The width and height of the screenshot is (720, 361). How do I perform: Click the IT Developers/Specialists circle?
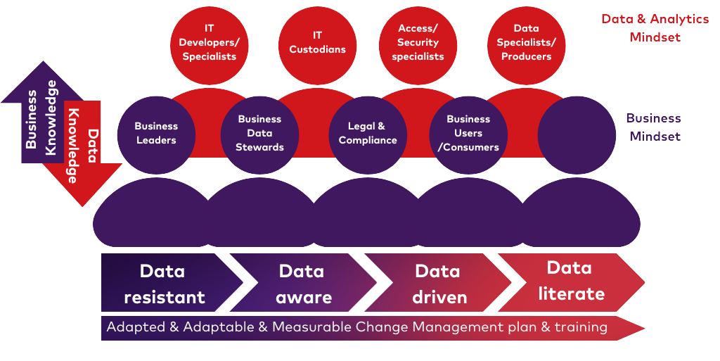[209, 42]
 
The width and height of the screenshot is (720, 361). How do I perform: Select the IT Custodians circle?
[317, 42]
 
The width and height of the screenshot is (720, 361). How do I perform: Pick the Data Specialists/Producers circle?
[526, 42]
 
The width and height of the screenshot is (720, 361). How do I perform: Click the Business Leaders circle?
[156, 134]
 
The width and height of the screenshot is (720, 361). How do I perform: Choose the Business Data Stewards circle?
[259, 134]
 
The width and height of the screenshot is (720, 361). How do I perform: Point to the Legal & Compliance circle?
[368, 134]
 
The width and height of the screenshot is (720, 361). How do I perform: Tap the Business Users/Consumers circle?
[468, 134]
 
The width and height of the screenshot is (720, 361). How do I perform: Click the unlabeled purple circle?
[577, 135]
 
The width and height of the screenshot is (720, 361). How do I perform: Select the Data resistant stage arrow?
[165, 284]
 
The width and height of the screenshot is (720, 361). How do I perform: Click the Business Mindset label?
[654, 127]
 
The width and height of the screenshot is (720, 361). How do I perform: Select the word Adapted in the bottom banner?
[134, 327]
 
